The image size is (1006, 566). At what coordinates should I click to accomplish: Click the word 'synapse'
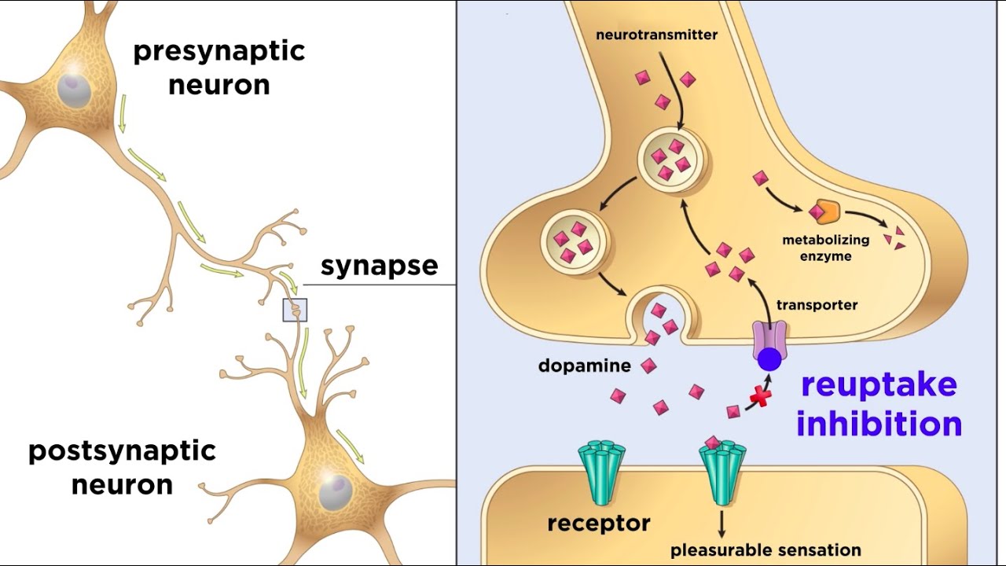[x=379, y=266]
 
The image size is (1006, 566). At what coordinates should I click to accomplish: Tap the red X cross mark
[x=759, y=397]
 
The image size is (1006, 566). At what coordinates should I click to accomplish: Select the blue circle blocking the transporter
[x=769, y=360]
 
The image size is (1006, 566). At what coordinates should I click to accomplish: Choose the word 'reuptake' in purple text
[x=878, y=385]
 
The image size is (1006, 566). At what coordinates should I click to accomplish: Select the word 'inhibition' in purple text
[x=879, y=424]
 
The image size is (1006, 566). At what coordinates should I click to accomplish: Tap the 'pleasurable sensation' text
[x=766, y=550]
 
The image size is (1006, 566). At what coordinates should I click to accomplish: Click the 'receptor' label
[x=599, y=523]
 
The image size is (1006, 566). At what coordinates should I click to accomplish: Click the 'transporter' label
[x=817, y=305]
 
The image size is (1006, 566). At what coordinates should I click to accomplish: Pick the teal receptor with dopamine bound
[x=722, y=472]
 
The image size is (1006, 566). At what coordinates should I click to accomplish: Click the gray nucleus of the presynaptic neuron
[x=73, y=86]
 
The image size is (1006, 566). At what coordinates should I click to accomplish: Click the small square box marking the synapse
[x=295, y=311]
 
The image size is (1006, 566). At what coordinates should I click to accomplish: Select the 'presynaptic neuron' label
[x=218, y=68]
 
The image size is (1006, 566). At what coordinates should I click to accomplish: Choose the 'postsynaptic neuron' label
[x=122, y=468]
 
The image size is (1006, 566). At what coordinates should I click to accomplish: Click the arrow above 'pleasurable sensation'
[x=721, y=524]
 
